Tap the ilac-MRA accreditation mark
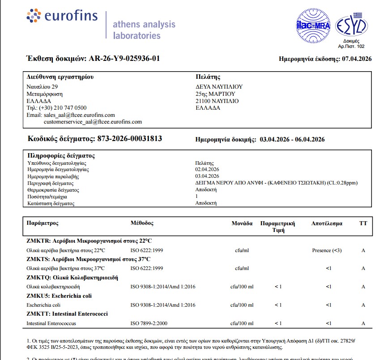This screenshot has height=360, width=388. point(313,26)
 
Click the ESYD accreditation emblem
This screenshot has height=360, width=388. point(351,26)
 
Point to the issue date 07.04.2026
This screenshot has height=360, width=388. point(357,59)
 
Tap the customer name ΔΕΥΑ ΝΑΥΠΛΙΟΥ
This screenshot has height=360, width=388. point(219,87)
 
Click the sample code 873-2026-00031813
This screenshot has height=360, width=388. point(129,139)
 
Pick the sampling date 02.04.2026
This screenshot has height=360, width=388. point(207,170)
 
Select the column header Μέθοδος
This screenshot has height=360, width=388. point(142,223)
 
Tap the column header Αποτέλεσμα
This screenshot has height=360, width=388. point(327,223)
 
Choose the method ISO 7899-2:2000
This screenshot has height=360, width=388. point(150,323)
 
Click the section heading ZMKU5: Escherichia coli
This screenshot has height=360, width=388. point(59,296)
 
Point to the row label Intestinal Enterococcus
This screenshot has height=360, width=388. point(51,323)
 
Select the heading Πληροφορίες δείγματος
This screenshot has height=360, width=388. point(61,156)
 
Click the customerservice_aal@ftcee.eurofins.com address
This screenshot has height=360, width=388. point(93,122)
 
